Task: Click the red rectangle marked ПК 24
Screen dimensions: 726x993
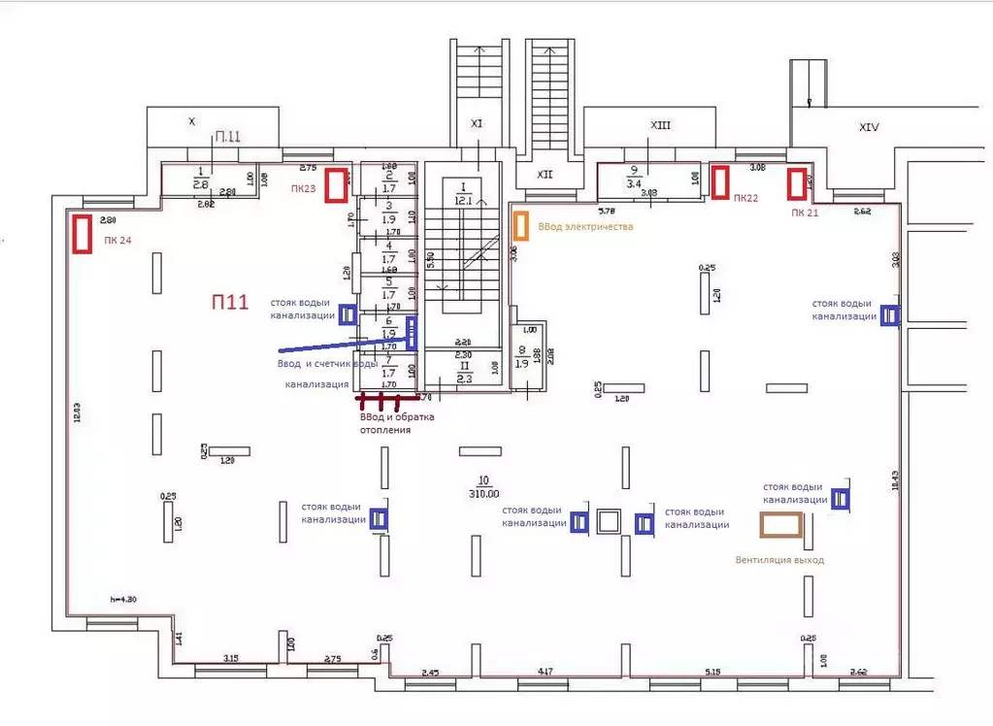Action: pos(83,233)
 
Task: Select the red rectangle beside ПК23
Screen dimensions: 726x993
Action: pos(336,184)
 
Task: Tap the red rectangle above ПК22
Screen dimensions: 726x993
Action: pos(720,181)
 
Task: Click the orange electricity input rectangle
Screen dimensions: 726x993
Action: pos(521,226)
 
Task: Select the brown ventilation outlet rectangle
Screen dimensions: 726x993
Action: pos(781,525)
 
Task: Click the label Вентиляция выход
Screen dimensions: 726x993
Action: pos(779,560)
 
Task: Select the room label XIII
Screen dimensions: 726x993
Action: pos(661,125)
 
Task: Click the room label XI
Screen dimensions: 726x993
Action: pos(476,123)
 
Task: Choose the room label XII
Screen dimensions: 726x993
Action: pos(545,175)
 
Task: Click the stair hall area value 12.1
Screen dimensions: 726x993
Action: pos(463,201)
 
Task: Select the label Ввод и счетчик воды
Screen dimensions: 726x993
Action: pos(326,363)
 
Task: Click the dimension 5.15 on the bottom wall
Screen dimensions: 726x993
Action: pos(714,672)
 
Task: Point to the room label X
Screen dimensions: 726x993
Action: pos(191,121)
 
